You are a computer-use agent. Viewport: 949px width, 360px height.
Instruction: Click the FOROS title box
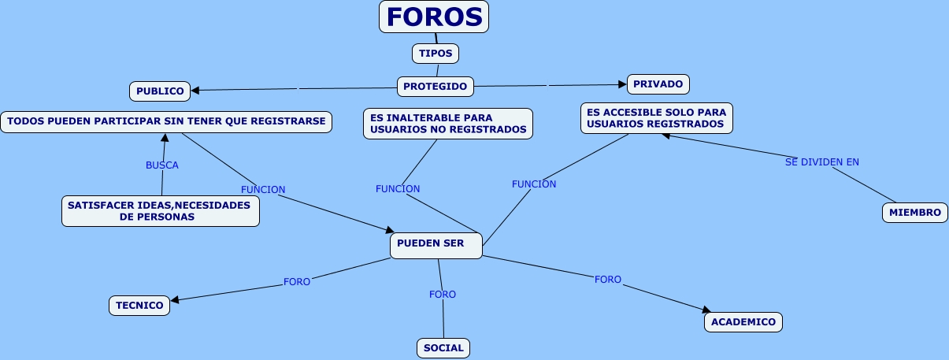[434, 17]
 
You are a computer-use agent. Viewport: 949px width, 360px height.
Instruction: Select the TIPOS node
[436, 54]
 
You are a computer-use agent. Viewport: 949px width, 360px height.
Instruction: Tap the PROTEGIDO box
[435, 86]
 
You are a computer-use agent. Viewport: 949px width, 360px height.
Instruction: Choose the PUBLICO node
[160, 91]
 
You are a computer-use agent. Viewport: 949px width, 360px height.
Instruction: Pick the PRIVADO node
[658, 84]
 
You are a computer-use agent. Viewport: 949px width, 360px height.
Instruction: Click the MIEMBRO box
[914, 213]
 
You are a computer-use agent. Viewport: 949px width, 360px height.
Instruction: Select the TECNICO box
[139, 306]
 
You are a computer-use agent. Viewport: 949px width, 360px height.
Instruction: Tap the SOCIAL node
[443, 348]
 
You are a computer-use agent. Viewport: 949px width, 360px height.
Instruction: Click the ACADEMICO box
[743, 322]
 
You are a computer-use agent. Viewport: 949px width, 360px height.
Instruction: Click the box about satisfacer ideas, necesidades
[161, 211]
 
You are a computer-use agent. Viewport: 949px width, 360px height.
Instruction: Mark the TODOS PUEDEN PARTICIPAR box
[166, 122]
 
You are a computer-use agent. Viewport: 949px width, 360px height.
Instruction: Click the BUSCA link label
[162, 165]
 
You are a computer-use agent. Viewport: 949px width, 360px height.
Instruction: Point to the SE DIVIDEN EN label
[822, 162]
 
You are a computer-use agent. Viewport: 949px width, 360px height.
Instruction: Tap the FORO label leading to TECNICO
[297, 281]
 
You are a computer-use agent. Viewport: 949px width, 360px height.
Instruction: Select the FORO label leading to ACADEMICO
[608, 280]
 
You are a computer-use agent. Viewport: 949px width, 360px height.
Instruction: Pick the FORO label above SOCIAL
[443, 295]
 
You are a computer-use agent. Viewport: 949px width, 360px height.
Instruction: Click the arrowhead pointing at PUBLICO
[195, 90]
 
